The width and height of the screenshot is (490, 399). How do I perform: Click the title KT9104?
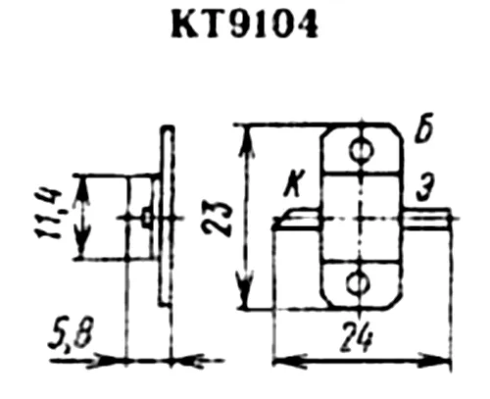(x=244, y=23)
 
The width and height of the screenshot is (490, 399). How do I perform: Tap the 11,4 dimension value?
(x=49, y=214)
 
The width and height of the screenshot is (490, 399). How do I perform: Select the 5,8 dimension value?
(x=71, y=336)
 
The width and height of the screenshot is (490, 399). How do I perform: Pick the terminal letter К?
(x=294, y=184)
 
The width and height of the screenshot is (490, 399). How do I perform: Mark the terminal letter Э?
(x=424, y=188)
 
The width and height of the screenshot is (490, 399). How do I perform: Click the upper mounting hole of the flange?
(x=362, y=151)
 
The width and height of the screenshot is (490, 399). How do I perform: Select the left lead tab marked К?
(x=297, y=219)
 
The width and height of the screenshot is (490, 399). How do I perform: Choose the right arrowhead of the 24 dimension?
(x=435, y=361)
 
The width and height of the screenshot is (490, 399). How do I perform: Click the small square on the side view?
(x=147, y=218)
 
